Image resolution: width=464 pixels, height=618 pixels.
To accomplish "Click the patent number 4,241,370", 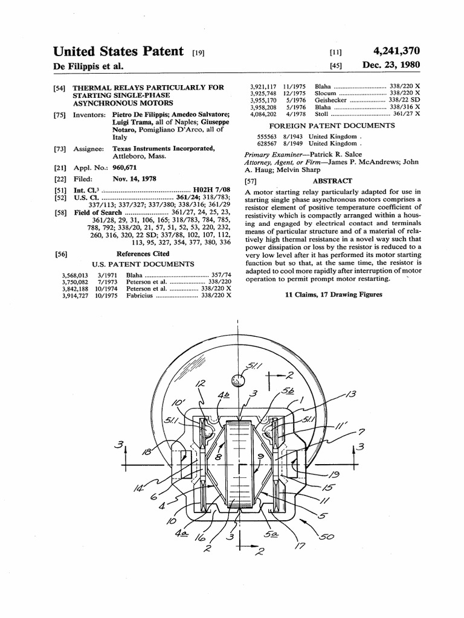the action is [x=397, y=51].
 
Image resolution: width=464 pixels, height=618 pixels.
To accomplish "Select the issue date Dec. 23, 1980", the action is [x=391, y=65].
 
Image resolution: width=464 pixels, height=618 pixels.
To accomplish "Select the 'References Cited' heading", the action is [x=143, y=254].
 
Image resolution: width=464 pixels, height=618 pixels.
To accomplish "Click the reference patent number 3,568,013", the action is [x=76, y=275].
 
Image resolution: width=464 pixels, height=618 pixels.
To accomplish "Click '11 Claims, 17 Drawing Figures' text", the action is [x=333, y=295].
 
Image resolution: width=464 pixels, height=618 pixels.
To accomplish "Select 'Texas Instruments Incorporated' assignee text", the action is [x=163, y=148].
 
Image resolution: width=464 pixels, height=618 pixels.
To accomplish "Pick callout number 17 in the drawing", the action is [x=300, y=546].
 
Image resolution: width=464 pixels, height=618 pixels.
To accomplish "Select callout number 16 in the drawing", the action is [x=200, y=537].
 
